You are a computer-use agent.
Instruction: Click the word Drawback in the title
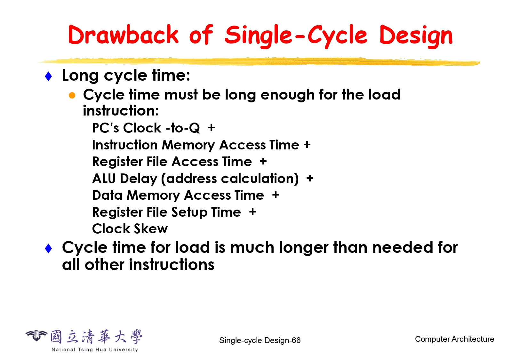coord(123,35)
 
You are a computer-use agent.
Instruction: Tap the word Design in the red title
coord(416,36)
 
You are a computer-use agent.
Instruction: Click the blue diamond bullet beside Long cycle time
coord(48,76)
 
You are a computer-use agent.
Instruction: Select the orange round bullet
coord(72,95)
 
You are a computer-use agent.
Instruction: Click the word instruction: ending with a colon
coord(121,110)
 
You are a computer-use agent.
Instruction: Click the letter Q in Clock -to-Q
coord(194,128)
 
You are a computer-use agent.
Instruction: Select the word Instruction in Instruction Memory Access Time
coord(125,145)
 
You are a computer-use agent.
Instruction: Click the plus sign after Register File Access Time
coord(263,161)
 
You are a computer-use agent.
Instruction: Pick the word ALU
coord(104,179)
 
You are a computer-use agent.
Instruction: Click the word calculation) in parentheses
coord(260,179)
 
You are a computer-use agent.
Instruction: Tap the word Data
coord(107,195)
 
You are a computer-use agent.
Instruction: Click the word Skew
coord(151,229)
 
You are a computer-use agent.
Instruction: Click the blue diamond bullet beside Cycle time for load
coord(48,249)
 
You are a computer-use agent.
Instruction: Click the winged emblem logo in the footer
coord(36,335)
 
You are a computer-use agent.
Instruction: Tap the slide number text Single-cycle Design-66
coord(260,340)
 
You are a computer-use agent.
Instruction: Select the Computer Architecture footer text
coord(454,339)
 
